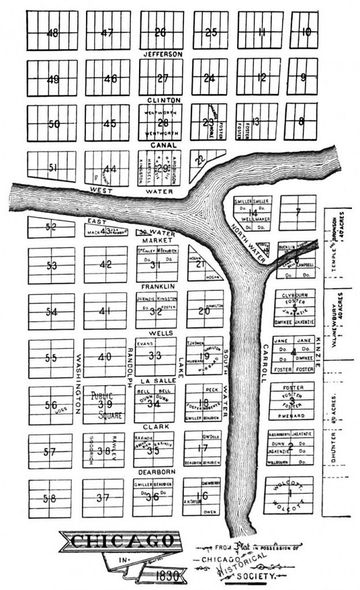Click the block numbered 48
[52, 33]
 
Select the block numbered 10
[306, 32]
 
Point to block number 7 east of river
[298, 211]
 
